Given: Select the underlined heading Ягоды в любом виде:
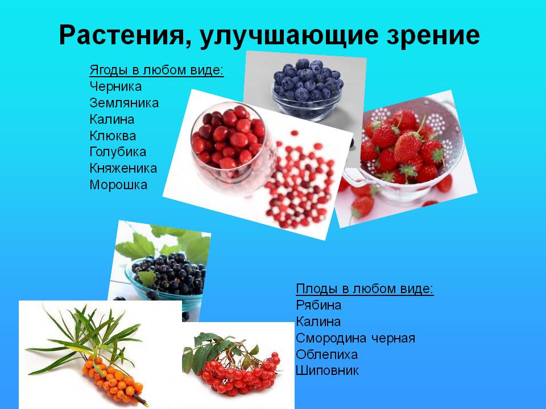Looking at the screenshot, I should tap(156, 70).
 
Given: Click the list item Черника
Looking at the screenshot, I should tap(115, 87).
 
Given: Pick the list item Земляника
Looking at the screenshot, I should tap(124, 103).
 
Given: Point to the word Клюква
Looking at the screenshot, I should tap(113, 136).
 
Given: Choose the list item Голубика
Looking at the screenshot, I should tap(118, 152).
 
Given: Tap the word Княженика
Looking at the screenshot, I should tap(123, 169).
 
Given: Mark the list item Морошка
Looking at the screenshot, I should tap(118, 185).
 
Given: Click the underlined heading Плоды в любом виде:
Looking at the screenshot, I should tap(365, 289).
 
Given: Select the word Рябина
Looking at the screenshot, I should tap(318, 305).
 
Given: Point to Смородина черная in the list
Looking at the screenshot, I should tap(355, 338).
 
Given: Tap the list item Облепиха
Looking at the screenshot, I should tap(326, 354).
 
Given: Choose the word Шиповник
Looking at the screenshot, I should tap(328, 371).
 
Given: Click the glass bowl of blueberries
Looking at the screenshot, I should tap(307, 91).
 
